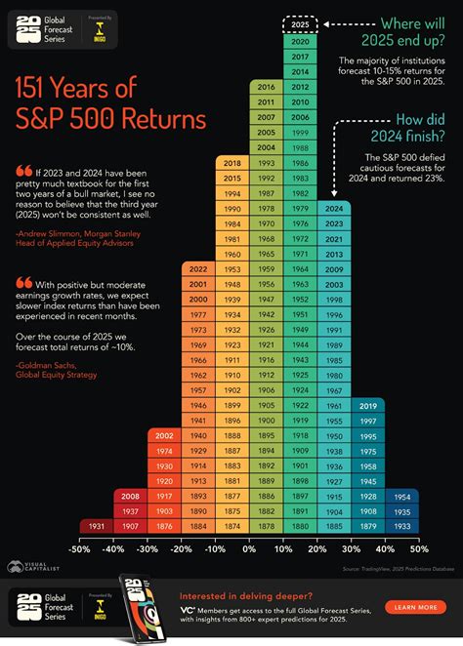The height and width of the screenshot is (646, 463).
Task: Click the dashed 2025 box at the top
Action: point(301,24)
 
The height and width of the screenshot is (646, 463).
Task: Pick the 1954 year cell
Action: point(402,495)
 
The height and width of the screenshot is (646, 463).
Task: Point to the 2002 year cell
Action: point(164,435)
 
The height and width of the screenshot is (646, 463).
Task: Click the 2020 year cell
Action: point(301,42)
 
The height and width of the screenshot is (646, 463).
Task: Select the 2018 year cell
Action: point(232,163)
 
